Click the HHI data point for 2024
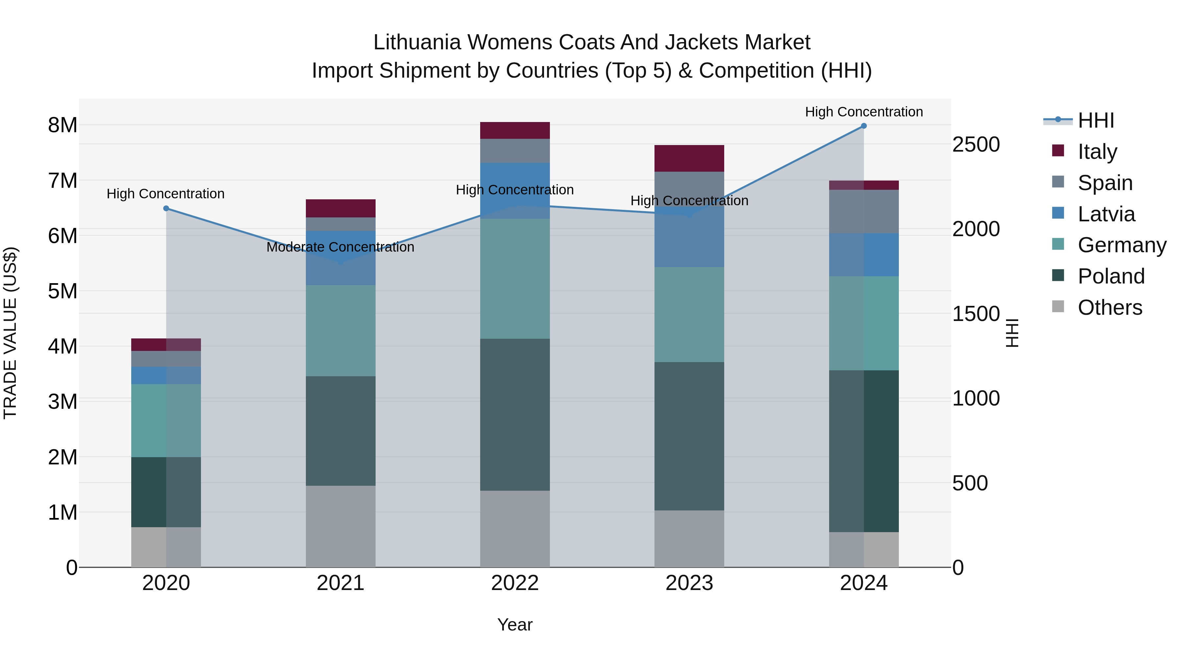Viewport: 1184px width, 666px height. tap(864, 126)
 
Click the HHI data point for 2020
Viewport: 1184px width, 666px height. tap(166, 209)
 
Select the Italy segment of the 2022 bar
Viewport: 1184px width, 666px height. tap(515, 131)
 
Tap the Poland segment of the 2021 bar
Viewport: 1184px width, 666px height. tap(341, 431)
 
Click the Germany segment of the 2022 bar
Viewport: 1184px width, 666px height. tap(515, 279)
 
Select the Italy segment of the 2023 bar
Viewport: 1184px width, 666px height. tap(689, 159)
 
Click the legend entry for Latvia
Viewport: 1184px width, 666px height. tap(1106, 214)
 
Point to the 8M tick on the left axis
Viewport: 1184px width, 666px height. tap(62, 125)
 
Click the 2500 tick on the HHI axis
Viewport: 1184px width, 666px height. tap(976, 144)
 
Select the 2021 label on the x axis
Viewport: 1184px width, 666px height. tap(341, 583)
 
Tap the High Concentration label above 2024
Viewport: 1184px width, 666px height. tap(864, 112)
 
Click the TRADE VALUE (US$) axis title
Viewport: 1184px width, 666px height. tap(11, 333)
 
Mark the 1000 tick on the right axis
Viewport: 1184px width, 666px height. tap(976, 399)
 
